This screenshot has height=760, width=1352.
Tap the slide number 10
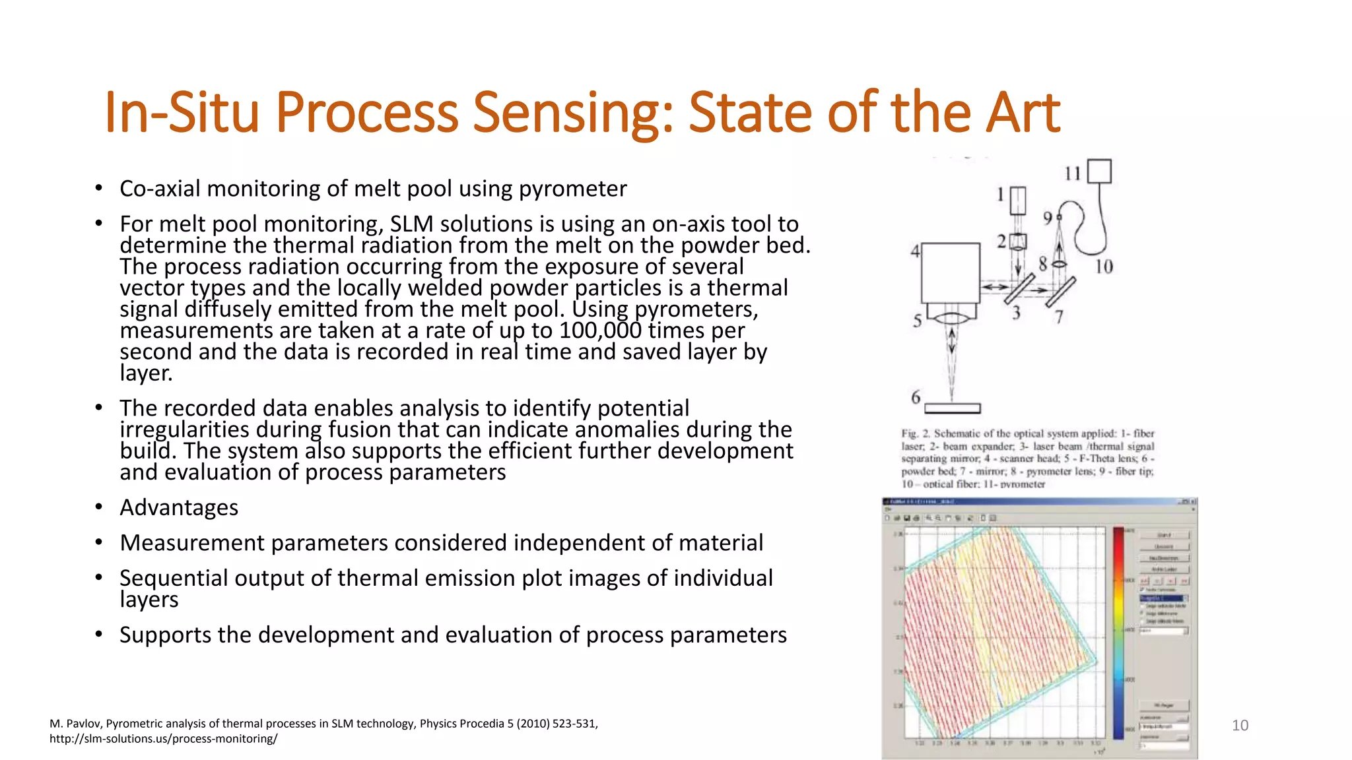1240,725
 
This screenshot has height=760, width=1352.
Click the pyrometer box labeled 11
1099,172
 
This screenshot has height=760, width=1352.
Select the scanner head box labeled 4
950,272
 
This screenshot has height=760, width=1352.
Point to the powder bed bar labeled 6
952,408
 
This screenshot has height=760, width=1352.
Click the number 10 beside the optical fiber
1104,267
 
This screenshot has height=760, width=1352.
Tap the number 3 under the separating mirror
1017,313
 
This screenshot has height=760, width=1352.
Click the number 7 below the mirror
1059,317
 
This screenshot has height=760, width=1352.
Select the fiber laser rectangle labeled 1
1018,201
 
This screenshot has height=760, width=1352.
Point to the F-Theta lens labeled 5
951,319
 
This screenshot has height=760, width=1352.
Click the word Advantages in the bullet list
179,507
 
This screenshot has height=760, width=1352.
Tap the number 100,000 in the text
599,330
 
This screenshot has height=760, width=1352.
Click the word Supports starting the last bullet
165,635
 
